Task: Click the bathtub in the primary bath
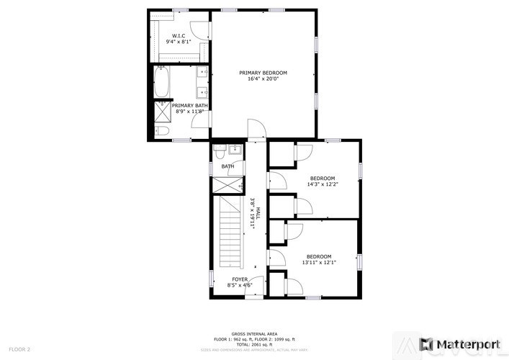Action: coord(161,82)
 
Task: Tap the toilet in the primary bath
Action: coord(162,130)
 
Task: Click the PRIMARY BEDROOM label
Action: coord(263,73)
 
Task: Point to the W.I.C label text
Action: coord(179,37)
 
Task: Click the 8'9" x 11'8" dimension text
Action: coord(192,112)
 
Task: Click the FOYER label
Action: coord(240,279)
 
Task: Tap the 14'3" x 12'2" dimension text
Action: coord(323,184)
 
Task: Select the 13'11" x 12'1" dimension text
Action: coord(319,262)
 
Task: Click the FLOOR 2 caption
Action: coord(19,349)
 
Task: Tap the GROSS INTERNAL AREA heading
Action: coord(254,333)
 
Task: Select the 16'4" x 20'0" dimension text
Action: coord(263,78)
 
